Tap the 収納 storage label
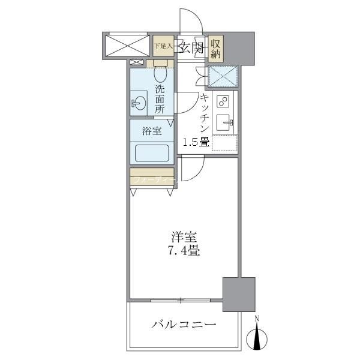217,47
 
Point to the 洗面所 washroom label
160,100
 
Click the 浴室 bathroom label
152,131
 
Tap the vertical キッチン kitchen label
204,113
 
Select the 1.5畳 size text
196,142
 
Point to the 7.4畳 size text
184,251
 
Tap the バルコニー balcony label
184,325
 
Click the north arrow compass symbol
257,335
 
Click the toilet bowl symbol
160,74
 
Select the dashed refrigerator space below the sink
224,143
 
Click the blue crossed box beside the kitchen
223,76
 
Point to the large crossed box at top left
126,44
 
